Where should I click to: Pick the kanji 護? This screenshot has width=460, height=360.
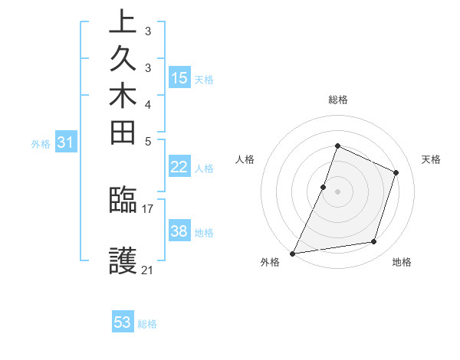click(123, 260)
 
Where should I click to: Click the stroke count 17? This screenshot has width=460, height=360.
click(148, 208)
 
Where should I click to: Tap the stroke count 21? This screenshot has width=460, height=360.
click(148, 270)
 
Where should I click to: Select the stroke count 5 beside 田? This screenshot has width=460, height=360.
click(148, 141)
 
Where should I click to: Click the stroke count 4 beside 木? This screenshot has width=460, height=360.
click(148, 103)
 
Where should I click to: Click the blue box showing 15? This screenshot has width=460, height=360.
click(179, 77)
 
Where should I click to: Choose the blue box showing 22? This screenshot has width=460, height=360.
click(179, 167)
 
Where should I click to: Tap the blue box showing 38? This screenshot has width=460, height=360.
click(179, 231)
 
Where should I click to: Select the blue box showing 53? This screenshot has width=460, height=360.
click(123, 322)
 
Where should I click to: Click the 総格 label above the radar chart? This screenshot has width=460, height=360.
click(337, 100)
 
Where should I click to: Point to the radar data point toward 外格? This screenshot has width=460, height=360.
click(292, 254)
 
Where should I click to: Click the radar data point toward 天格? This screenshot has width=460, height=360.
click(396, 172)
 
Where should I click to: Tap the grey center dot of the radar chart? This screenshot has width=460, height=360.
click(337, 191)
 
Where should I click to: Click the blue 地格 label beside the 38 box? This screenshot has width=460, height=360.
click(204, 232)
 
